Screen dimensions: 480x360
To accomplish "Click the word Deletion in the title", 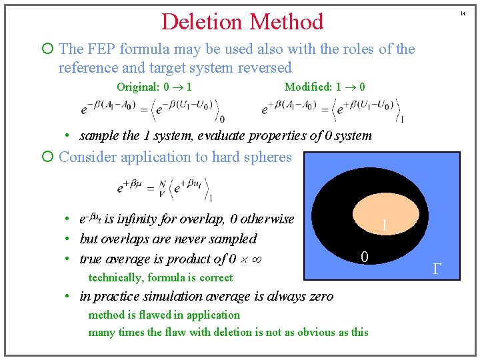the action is tap(201, 21).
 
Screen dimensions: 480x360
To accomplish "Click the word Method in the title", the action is tap(284, 21).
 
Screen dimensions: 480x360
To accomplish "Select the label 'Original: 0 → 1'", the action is tap(155, 87).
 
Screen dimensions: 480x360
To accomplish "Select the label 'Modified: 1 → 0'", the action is tap(325, 87).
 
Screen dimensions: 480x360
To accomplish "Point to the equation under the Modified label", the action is tap(334, 109).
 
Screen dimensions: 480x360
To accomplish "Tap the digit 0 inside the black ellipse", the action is tap(365, 257).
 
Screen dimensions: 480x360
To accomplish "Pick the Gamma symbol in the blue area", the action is tap(437, 269).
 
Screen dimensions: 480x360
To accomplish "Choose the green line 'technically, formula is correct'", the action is tap(161, 277).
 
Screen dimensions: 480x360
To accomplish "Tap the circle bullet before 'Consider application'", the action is tap(47, 157).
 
